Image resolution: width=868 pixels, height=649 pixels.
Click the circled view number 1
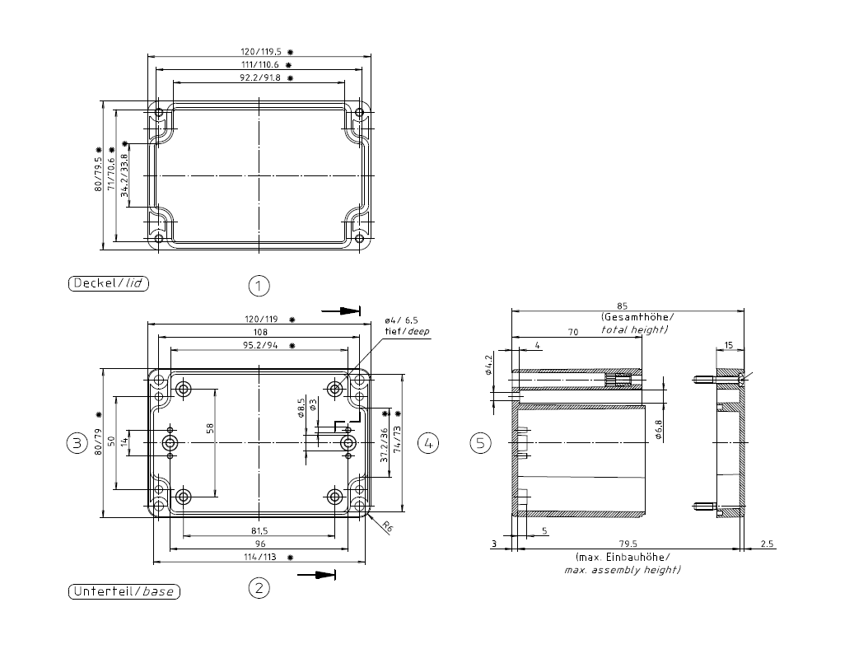pos(259,286)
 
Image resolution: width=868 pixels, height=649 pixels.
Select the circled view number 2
pos(259,587)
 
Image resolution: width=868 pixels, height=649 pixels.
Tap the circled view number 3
pos(77,443)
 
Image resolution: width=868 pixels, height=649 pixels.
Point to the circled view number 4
pos(428,443)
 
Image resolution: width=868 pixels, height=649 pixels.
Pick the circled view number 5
pos(480,443)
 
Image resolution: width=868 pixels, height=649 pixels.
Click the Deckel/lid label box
pos(109,283)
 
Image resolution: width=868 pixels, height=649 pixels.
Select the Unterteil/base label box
pos(124,591)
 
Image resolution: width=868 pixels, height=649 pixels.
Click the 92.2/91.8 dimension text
pos(260,78)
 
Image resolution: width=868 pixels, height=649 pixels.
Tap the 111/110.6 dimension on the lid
pos(260,65)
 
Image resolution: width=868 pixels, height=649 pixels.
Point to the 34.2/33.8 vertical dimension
pos(124,175)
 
